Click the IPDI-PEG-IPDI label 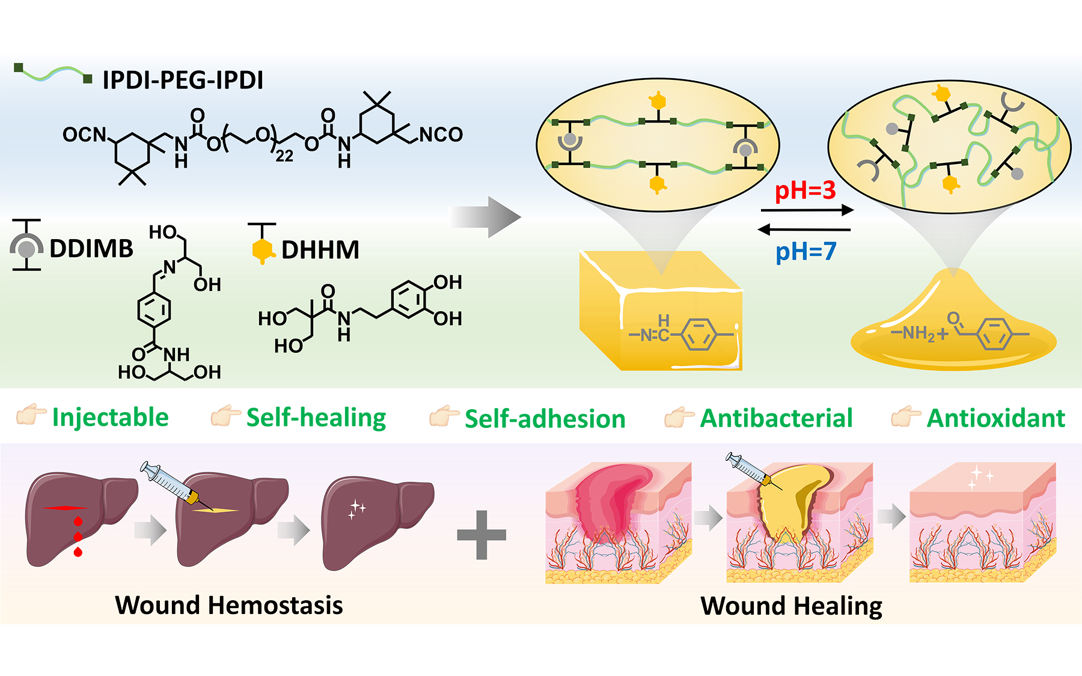pyautogui.click(x=183, y=80)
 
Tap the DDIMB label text pyautogui.click(x=91, y=249)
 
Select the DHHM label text pyautogui.click(x=320, y=250)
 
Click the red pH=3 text pyautogui.click(x=805, y=191)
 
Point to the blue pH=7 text pyautogui.click(x=805, y=251)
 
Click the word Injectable pyautogui.click(x=110, y=418)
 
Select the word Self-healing pyautogui.click(x=316, y=418)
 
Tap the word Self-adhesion pyautogui.click(x=545, y=419)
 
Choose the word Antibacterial pyautogui.click(x=776, y=418)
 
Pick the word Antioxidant pyautogui.click(x=995, y=418)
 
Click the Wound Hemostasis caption pyautogui.click(x=229, y=605)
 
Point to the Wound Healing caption pyautogui.click(x=791, y=606)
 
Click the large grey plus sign pyautogui.click(x=481, y=535)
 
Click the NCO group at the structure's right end pyautogui.click(x=441, y=134)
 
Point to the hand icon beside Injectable pyautogui.click(x=31, y=414)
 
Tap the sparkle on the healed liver pyautogui.click(x=358, y=509)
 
